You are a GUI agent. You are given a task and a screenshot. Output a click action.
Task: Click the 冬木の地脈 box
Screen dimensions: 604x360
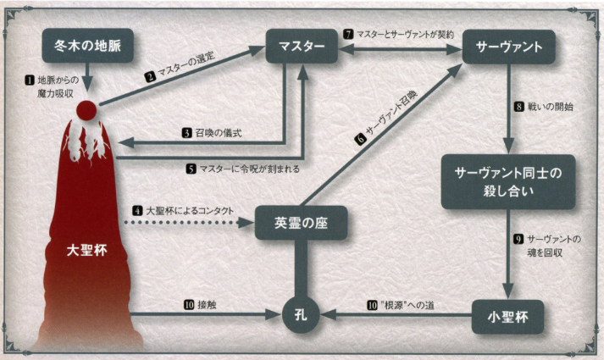coord(88,46)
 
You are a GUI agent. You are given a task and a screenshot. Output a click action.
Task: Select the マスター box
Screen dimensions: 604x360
coord(302,47)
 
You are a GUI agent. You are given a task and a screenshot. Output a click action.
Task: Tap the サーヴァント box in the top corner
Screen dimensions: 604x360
coord(509,47)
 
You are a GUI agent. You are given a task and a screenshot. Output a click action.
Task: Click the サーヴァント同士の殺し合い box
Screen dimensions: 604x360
coord(508,182)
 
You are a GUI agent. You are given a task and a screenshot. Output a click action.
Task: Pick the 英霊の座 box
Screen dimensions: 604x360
coord(302,223)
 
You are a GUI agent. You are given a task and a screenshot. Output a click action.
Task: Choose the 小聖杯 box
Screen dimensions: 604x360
coord(507,318)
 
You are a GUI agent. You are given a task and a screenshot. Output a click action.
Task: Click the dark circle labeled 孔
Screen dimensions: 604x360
coord(301,315)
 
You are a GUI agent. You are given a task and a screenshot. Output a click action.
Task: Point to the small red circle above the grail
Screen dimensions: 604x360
coord(86,110)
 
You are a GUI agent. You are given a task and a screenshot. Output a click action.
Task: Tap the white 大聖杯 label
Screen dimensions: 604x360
coord(86,251)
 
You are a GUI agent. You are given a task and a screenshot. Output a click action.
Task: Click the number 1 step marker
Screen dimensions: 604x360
coord(30,80)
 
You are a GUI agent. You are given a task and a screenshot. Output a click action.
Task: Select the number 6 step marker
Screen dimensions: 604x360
coord(360,139)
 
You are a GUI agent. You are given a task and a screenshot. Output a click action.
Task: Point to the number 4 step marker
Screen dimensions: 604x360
coord(137,211)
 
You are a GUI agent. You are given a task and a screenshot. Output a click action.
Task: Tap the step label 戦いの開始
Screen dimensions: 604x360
coord(551,107)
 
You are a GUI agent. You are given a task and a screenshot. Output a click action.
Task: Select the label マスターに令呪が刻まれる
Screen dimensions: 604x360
coord(250,169)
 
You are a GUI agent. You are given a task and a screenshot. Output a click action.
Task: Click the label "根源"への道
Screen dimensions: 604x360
coord(407,305)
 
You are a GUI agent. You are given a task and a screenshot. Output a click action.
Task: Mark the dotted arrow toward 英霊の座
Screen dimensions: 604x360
coord(189,223)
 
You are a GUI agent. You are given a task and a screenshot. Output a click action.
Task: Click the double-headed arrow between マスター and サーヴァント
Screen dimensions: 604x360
coord(400,49)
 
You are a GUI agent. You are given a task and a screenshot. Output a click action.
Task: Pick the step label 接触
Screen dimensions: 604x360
coord(207,305)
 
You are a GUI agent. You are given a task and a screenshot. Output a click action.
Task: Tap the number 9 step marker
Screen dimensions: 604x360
coord(518,239)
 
